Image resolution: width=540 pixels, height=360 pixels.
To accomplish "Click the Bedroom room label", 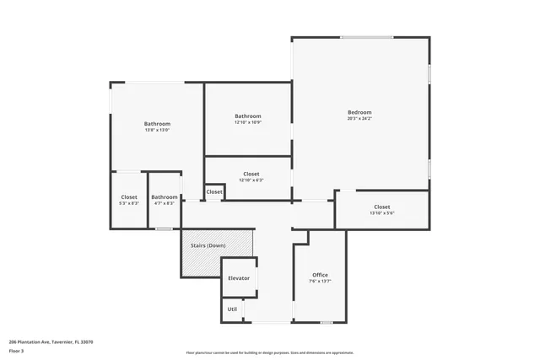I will coord(359,112).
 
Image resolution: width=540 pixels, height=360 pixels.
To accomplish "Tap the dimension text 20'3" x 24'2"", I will coord(359,119).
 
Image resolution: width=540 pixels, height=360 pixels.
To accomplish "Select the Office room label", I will coord(320,275).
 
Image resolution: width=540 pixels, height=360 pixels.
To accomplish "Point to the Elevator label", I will coord(239,277).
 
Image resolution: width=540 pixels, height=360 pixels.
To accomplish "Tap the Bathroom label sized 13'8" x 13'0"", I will coord(157,124).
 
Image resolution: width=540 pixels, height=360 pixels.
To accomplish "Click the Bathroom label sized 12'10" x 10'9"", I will coord(248,116).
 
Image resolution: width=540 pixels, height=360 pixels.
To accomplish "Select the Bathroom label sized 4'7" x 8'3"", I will coord(165,197).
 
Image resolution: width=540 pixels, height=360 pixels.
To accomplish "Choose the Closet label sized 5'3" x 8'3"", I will coord(129,197).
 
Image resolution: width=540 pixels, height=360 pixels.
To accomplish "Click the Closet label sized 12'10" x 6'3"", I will coord(251,174).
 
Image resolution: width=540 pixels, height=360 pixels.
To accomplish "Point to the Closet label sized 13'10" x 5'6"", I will coord(382,207).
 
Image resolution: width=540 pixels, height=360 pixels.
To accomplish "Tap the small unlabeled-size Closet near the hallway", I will coord(214,192).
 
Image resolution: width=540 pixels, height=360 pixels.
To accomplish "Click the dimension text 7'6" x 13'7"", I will coord(320,282).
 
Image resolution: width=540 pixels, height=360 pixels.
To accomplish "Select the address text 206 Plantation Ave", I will coord(51,341).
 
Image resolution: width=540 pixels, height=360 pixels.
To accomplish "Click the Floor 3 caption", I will coord(17,350).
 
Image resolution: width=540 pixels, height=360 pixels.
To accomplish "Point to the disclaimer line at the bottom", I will coord(270,353).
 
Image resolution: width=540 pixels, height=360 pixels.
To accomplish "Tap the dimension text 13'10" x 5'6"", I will coord(382,213).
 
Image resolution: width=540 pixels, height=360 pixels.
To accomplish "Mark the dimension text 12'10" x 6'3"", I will coord(251,180).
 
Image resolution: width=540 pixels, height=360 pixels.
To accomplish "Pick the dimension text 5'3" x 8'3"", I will coord(129,203).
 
